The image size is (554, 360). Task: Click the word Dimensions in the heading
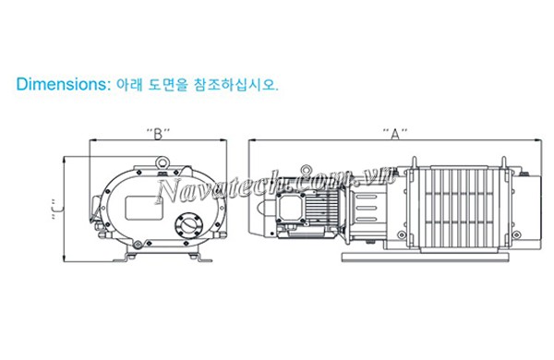tap(62, 84)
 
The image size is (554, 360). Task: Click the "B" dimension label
tap(159, 132)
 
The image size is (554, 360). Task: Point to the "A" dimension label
tap(395, 132)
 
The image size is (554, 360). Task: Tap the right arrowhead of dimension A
tap(539, 140)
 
